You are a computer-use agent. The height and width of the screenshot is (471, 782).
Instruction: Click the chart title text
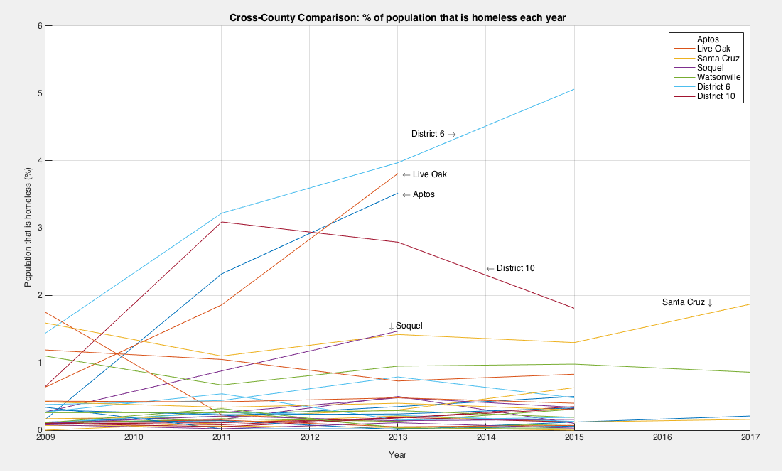tap(397, 17)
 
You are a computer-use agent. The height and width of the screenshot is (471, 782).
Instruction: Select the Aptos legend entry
tap(708, 39)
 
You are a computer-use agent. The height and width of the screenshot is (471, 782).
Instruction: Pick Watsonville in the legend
tap(718, 77)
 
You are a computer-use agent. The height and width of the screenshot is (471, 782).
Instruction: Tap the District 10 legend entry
tap(716, 96)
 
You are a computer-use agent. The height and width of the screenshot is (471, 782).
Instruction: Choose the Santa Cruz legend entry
tap(718, 58)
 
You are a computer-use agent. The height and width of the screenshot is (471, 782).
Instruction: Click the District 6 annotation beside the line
tap(428, 134)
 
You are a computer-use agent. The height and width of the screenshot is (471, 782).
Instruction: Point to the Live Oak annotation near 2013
tap(430, 174)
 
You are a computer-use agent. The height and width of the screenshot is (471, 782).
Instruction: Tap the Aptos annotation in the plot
tap(424, 194)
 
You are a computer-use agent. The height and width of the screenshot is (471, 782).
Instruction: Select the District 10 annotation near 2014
tap(515, 268)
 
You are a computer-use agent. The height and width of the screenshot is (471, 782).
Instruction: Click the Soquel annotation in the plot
tap(409, 326)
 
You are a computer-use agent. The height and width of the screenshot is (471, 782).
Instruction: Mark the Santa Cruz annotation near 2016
tap(683, 302)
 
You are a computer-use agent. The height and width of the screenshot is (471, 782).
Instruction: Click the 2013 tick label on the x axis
tap(398, 437)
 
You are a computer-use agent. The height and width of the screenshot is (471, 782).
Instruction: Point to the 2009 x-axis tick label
tap(45, 437)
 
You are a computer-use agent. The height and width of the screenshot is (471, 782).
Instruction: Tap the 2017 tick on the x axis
tap(750, 437)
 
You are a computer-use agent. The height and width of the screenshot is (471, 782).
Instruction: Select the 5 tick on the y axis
tap(40, 93)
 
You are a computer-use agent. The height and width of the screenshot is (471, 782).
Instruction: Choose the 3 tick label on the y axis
tap(40, 228)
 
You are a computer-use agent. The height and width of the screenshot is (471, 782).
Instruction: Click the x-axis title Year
tap(397, 455)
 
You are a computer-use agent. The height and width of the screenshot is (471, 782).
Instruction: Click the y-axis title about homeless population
tap(28, 227)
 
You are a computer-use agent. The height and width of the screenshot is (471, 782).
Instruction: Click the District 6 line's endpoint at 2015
tap(574, 90)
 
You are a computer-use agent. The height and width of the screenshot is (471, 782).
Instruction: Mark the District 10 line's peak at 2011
tap(222, 222)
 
